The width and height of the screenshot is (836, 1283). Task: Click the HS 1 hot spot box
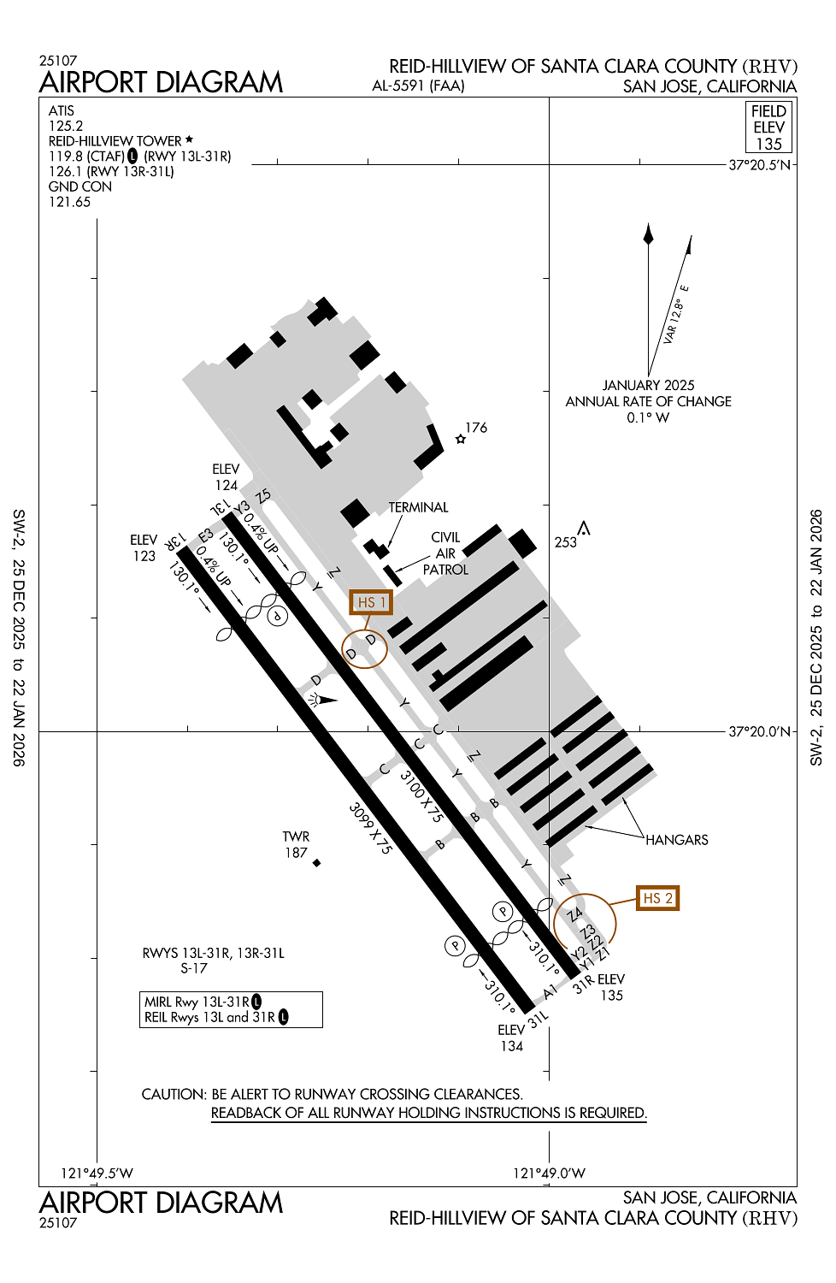pyautogui.click(x=371, y=602)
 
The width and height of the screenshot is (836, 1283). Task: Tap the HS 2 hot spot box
pyautogui.click(x=657, y=897)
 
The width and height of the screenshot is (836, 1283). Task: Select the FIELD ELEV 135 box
pyautogui.click(x=768, y=127)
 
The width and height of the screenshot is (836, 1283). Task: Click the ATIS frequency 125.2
pyautogui.click(x=66, y=126)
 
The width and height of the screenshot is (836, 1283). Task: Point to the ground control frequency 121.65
pyautogui.click(x=69, y=202)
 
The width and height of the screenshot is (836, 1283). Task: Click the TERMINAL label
pyautogui.click(x=418, y=507)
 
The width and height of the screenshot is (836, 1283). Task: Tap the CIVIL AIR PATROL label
pyautogui.click(x=445, y=553)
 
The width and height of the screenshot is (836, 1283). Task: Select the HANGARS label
pyautogui.click(x=677, y=840)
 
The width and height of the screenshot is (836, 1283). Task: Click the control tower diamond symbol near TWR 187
pyautogui.click(x=316, y=862)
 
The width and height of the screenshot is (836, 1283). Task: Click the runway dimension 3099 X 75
pyautogui.click(x=370, y=829)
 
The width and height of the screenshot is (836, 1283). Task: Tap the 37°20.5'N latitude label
pyautogui.click(x=759, y=165)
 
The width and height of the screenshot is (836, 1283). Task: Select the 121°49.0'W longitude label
pyautogui.click(x=549, y=1173)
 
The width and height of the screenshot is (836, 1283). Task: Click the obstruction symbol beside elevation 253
pyautogui.click(x=584, y=528)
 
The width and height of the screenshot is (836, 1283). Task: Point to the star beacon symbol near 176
pyautogui.click(x=461, y=440)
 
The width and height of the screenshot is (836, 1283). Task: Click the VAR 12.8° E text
pyautogui.click(x=675, y=314)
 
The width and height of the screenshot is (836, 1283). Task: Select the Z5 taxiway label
pyautogui.click(x=263, y=495)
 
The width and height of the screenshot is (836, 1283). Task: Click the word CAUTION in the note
pyautogui.click(x=174, y=1094)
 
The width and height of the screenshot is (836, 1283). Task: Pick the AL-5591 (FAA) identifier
pyautogui.click(x=418, y=86)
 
